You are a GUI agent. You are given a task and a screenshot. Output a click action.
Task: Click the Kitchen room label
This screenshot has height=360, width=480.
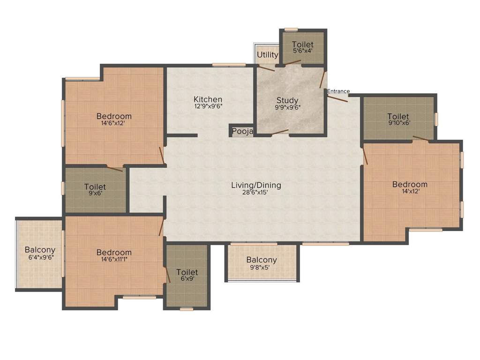coord(208,99)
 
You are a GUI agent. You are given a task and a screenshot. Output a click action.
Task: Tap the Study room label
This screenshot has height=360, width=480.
coord(287,100)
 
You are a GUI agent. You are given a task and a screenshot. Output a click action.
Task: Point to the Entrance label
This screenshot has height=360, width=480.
coord(338,91)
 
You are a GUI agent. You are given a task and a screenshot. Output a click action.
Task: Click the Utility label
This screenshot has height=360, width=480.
coord(268,55)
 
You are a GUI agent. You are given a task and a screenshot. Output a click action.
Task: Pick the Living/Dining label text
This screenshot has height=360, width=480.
coord(256,185)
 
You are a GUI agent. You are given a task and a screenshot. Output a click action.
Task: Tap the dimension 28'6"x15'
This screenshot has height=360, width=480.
coord(256,193)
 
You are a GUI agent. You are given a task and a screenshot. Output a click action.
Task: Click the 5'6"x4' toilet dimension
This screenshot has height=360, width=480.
coord(302,51)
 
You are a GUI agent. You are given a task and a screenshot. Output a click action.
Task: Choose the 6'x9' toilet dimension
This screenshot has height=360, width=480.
coord(187,279)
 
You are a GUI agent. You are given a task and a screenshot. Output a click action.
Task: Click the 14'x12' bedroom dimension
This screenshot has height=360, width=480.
coord(410,191)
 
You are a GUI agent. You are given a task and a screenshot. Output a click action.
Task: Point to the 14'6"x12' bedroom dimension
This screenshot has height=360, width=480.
coord(114,123)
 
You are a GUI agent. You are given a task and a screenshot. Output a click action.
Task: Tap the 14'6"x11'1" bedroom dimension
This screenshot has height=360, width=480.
coord(114,260)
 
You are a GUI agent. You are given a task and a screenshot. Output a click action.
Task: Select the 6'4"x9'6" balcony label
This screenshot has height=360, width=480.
coord(40,257)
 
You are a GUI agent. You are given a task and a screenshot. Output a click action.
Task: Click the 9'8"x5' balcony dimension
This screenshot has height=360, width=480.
coord(262,267)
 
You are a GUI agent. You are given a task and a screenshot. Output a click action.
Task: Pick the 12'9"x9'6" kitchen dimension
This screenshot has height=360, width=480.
coord(208,106)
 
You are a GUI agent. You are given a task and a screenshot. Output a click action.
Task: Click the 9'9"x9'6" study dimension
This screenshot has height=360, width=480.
coord(287,107)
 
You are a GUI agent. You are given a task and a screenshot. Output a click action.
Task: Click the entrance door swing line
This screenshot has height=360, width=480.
coord(337,98)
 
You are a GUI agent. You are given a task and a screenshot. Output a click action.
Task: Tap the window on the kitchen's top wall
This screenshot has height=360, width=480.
coord(229,65)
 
